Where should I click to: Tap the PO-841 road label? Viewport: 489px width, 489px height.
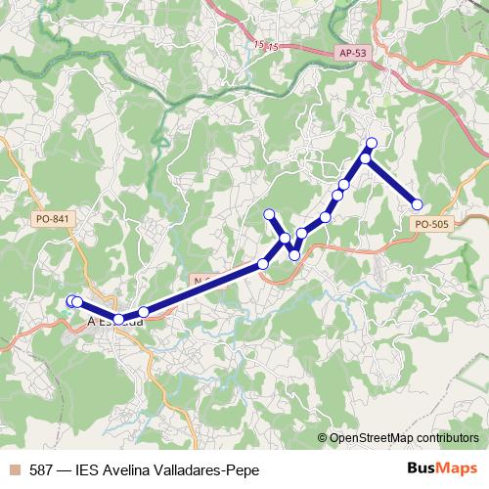click(49, 219)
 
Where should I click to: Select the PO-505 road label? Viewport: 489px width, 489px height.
click(431, 224)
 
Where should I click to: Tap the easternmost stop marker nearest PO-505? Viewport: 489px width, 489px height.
click(417, 204)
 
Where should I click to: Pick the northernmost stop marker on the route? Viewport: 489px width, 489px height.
click(372, 144)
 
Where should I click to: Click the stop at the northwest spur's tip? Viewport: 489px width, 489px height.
click(270, 214)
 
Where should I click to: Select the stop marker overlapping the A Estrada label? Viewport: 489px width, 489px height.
click(118, 319)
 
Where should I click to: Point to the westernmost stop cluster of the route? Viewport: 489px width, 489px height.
click(73, 302)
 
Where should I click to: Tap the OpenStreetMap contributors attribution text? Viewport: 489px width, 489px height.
click(404, 438)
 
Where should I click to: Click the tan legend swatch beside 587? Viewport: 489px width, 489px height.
click(14, 470)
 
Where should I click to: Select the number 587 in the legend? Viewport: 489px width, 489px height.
click(41, 470)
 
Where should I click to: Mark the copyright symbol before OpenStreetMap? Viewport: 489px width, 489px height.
click(323, 438)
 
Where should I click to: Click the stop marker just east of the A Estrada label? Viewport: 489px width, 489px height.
click(144, 312)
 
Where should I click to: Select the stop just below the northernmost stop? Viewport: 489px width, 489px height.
click(366, 158)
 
